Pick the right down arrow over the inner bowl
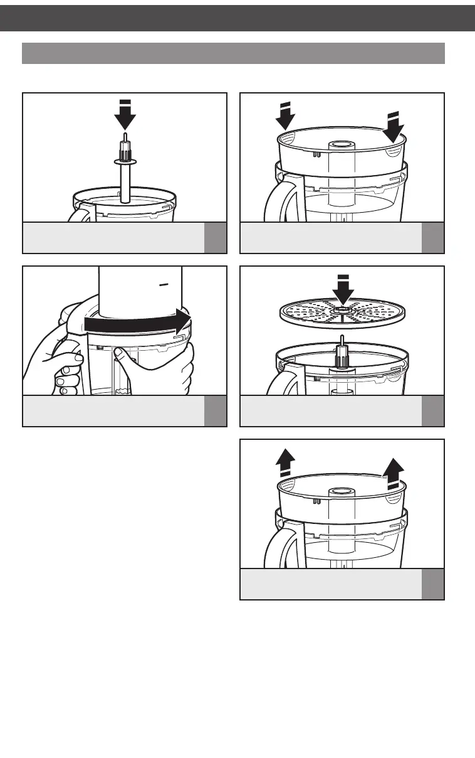394,126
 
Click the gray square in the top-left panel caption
216,237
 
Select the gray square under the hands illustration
216,410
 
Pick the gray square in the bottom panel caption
433,584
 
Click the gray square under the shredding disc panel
433,410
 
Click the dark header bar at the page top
237,18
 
